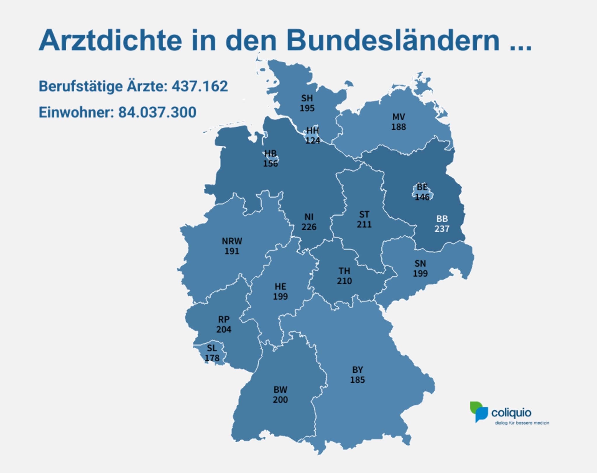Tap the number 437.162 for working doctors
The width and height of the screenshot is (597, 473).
[200, 86]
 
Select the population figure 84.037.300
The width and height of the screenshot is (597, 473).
[157, 112]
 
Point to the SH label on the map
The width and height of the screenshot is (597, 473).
[307, 98]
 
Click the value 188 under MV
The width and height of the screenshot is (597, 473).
[398, 127]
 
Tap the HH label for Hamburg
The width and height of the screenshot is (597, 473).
[313, 130]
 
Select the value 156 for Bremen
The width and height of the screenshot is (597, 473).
[271, 164]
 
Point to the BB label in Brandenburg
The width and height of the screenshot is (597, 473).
[442, 219]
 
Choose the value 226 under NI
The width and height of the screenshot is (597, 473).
[309, 227]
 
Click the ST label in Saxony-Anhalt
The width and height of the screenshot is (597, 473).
[364, 214]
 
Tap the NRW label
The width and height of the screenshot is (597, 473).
[232, 241]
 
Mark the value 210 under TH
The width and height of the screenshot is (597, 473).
[344, 281]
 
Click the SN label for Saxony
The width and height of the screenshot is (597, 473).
[420, 263]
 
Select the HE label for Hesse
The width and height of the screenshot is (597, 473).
[280, 286]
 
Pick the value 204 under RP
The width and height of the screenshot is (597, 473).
[224, 330]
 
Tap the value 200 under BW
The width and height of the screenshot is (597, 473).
[280, 400]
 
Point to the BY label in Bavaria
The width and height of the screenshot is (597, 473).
[357, 370]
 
